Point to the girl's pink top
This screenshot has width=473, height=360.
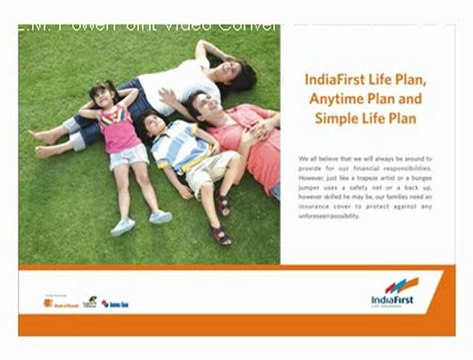(121, 130)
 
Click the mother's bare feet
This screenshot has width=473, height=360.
(44, 141)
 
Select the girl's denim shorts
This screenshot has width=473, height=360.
(129, 157)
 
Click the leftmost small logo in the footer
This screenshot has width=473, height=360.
(58, 300)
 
